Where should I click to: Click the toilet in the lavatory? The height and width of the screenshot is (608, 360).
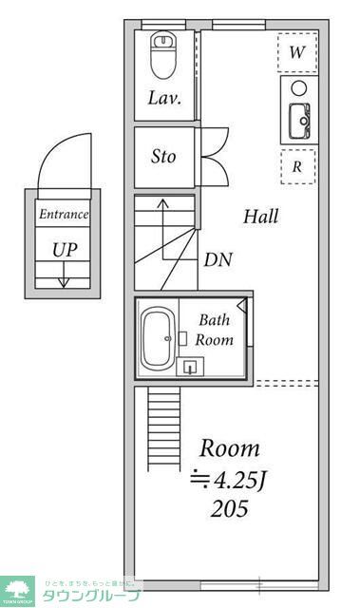pyautogui.click(x=164, y=56)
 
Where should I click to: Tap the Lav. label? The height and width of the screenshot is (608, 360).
pyautogui.click(x=164, y=98)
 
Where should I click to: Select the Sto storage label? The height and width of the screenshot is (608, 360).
pyautogui.click(x=164, y=157)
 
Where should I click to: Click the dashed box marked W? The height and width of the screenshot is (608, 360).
pyautogui.click(x=297, y=52)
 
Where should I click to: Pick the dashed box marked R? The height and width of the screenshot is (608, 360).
pyautogui.click(x=297, y=166)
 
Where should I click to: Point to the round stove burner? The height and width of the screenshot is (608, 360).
pyautogui.click(x=298, y=88)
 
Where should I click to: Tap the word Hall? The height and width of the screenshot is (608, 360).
pyautogui.click(x=259, y=217)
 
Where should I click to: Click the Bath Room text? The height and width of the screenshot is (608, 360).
pyautogui.click(x=214, y=330)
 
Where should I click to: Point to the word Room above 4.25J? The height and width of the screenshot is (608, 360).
pyautogui.click(x=228, y=448)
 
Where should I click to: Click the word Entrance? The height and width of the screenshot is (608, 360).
pyautogui.click(x=64, y=215)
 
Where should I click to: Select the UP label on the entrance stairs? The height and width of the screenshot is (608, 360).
pyautogui.click(x=65, y=250)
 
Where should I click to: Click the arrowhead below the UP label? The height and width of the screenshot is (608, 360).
pyautogui.click(x=64, y=281)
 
